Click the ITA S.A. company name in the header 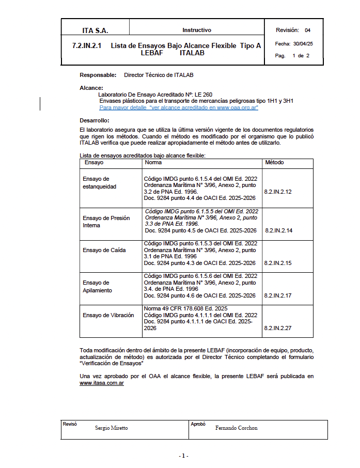[x=95, y=30]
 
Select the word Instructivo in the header [x=196, y=30]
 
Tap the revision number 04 [x=308, y=30]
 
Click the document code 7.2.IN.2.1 [x=87, y=46]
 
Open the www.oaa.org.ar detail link [x=179, y=107]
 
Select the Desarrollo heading [x=95, y=120]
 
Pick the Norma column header [x=153, y=162]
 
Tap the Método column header [x=274, y=162]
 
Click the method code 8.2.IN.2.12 [x=278, y=192]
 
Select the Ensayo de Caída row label [x=104, y=250]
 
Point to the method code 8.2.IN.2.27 [x=278, y=327]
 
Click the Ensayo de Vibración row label [x=108, y=315]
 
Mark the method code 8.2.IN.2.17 [x=278, y=295]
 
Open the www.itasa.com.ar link [x=102, y=383]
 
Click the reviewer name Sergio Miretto [x=112, y=428]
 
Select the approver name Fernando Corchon [x=236, y=428]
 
